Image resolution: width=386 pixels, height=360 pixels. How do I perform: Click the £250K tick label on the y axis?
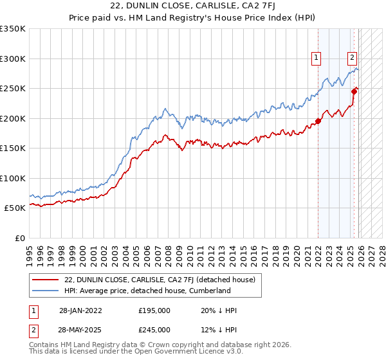pos(13,89)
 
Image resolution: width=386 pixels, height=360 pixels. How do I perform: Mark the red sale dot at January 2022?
pos(318,122)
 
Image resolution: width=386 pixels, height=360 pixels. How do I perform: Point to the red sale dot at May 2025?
pos(354,91)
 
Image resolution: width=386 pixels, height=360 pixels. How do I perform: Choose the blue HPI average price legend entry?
pos(147,291)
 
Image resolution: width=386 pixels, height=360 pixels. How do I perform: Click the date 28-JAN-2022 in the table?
pos(80,310)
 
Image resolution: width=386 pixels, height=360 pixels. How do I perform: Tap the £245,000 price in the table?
pos(154,329)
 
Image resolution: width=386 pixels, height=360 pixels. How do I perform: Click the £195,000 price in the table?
pos(154,310)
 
